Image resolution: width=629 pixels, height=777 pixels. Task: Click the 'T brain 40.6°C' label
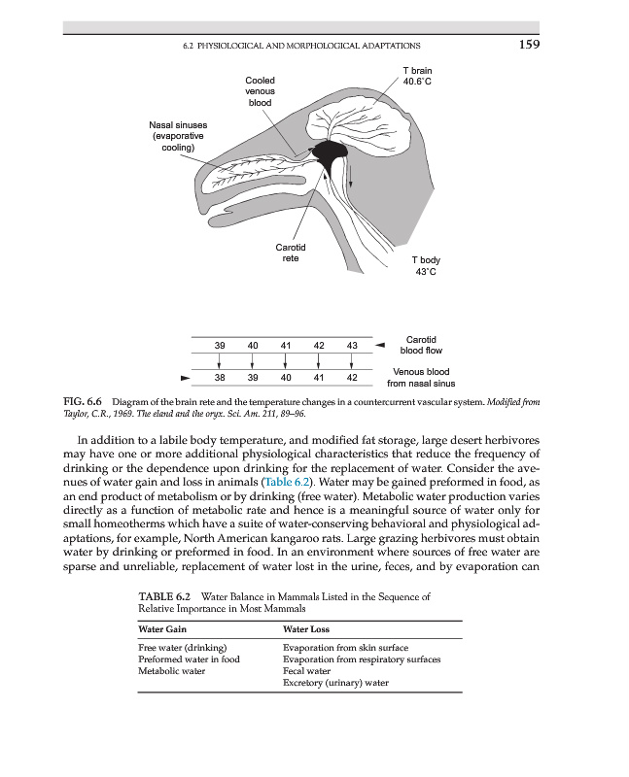tap(417, 77)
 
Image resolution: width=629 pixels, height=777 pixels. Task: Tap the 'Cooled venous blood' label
tap(260, 90)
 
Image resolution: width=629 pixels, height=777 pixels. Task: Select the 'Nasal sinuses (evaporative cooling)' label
tap(177, 136)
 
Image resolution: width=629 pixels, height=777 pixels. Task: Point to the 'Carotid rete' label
tap(290, 253)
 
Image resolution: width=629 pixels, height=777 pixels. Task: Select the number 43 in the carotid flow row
tap(352, 346)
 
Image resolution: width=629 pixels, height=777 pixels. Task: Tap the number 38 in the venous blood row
tap(220, 377)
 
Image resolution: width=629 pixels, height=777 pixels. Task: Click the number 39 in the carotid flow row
tap(220, 346)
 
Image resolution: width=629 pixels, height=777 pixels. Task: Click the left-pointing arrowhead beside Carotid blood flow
tap(382, 345)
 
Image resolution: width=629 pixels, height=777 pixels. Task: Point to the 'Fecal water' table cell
tap(306, 671)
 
